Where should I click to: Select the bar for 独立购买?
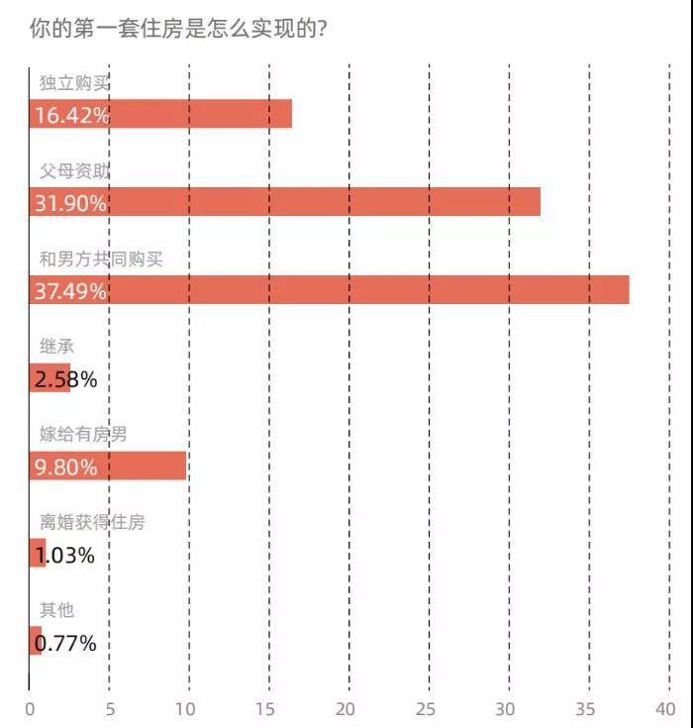[x=198, y=115]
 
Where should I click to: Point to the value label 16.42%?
[x=71, y=115]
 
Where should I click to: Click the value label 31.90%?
[x=71, y=203]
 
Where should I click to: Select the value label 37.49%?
[x=71, y=291]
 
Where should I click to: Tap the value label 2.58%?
[x=65, y=378]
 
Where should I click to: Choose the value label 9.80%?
[x=65, y=467]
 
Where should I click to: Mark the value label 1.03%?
[x=65, y=555]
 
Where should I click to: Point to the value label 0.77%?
[x=65, y=643]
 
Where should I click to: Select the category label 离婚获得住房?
[x=91, y=522]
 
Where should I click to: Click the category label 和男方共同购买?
[x=100, y=260]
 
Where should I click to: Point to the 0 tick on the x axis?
[x=30, y=709]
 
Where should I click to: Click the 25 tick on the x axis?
[x=427, y=709]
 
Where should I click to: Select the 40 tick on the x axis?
[x=664, y=709]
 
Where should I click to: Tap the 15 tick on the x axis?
[x=267, y=709]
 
